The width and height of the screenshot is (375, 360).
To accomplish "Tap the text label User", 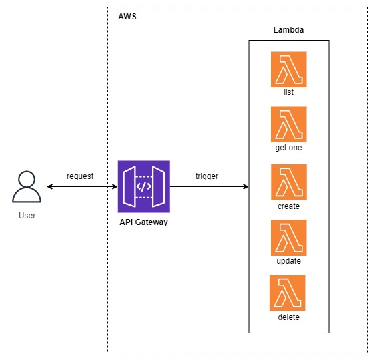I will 27,216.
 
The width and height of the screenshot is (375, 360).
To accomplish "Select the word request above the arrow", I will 80,176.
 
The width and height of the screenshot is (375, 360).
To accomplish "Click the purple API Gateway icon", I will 143,186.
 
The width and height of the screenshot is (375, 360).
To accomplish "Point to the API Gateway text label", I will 143,222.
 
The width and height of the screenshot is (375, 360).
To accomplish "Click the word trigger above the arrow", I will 207,176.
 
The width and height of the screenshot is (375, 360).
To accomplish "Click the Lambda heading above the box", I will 288,30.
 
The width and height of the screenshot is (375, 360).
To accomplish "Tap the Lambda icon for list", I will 288,69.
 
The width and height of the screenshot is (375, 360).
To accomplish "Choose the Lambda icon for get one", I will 288,124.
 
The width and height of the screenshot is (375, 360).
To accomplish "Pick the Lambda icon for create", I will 288,182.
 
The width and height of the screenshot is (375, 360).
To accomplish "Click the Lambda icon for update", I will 288,238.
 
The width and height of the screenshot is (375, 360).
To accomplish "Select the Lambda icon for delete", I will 287,293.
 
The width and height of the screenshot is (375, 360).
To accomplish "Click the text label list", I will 288,92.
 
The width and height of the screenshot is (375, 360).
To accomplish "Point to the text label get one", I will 288,148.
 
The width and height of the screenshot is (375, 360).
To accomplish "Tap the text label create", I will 288,206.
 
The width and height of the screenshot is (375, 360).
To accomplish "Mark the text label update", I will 288,261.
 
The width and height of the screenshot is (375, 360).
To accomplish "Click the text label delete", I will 288,317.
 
